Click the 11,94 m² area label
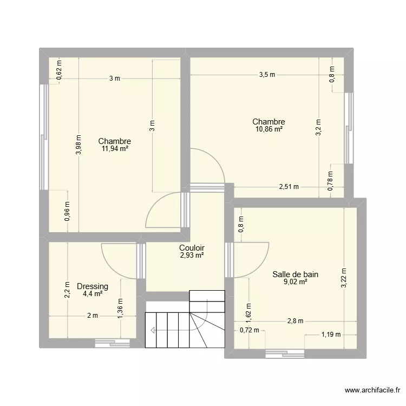(114, 148)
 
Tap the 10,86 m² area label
(269, 129)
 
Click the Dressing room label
(93, 286)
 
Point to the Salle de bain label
(296, 274)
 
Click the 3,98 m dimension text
(79, 145)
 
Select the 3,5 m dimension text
(267, 75)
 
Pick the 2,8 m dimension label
(295, 321)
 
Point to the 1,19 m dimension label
(331, 334)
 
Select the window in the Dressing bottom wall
(113, 342)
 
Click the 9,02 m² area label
(296, 281)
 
